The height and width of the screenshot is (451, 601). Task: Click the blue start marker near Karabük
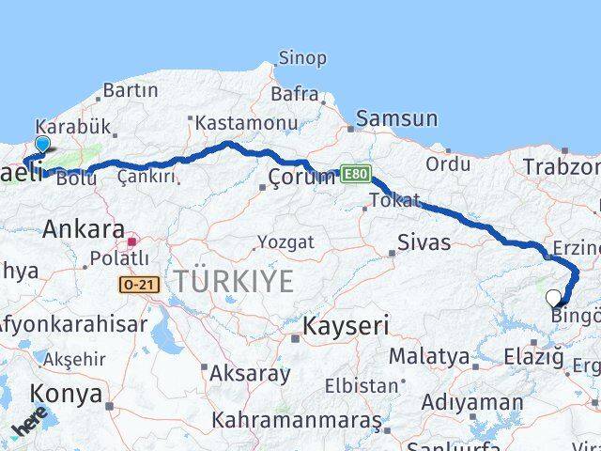pyautogui.click(x=41, y=145)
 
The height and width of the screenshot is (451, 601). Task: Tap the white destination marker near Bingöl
pyautogui.click(x=554, y=299)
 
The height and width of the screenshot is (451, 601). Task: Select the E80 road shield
pyautogui.click(x=356, y=174)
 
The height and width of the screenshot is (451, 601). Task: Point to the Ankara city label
pyautogui.click(x=84, y=229)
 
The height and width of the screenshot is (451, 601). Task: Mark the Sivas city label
pyautogui.click(x=424, y=242)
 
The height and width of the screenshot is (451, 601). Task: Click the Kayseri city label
pyautogui.click(x=339, y=326)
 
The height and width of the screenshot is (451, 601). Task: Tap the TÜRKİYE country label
pyautogui.click(x=232, y=280)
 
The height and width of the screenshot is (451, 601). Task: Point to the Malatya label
pyautogui.click(x=428, y=356)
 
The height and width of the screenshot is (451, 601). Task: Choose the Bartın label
pyautogui.click(x=131, y=91)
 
